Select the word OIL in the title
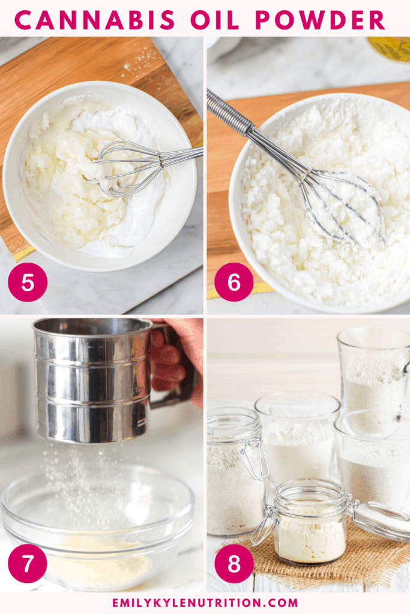coord(214,19)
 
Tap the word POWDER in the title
coord(320,19)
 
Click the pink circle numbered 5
coord(28,282)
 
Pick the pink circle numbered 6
coord(234,282)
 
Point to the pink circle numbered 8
coord(234,564)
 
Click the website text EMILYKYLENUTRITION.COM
coord(205,603)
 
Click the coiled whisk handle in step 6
coord(231,115)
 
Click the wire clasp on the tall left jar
coord(255,459)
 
